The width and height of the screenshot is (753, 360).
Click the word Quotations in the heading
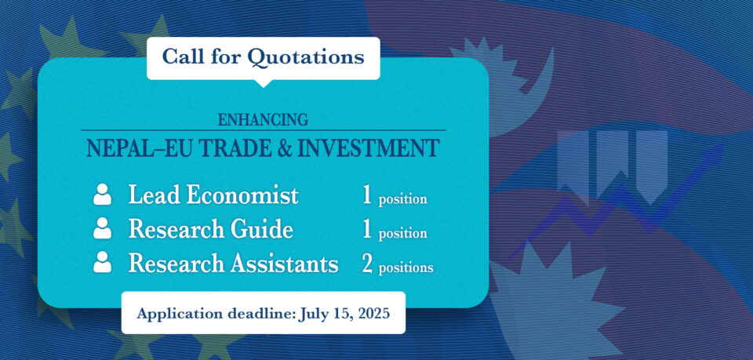click(x=305, y=57)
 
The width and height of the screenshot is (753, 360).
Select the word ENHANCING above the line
click(x=264, y=119)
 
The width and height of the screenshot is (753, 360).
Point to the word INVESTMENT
click(x=368, y=148)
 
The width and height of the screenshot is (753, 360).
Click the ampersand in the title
click(x=281, y=148)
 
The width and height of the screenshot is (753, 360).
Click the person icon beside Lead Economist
click(x=102, y=195)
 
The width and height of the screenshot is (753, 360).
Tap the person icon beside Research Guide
click(x=102, y=228)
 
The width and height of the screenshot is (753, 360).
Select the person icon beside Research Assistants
click(x=102, y=262)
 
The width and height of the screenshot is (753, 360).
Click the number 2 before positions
click(x=367, y=264)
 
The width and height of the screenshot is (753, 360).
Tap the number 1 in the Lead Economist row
click(x=367, y=196)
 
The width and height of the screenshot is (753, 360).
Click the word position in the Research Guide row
click(x=403, y=234)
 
